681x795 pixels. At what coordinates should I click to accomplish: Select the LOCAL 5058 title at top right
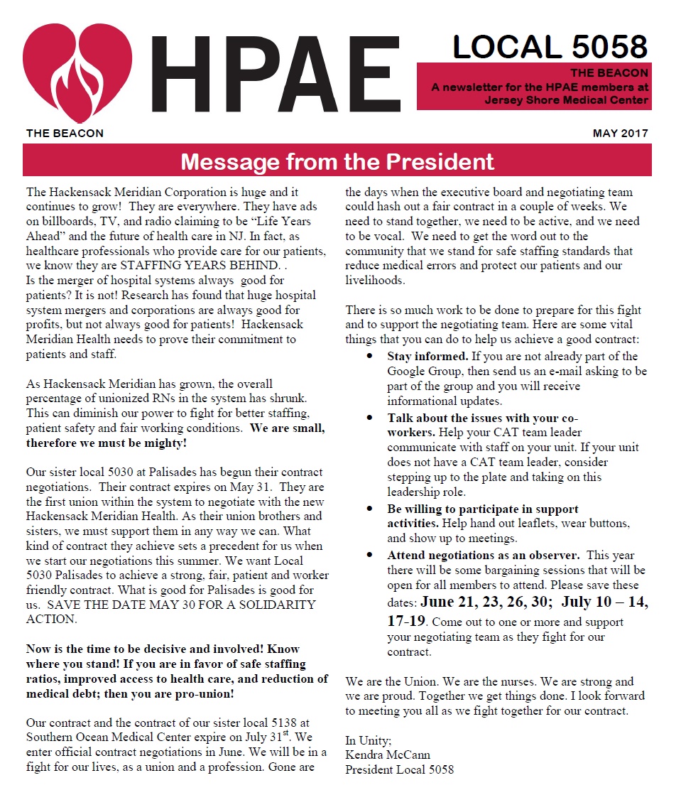(550, 47)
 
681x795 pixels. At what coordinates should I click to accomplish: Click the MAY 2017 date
(620, 134)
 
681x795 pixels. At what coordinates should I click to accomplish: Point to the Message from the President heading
(337, 161)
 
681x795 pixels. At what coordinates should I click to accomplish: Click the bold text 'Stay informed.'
(427, 356)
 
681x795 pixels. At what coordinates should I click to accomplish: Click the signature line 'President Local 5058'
(399, 769)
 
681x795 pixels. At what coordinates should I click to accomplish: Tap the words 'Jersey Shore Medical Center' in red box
(566, 100)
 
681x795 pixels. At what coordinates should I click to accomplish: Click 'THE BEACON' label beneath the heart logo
(65, 134)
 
